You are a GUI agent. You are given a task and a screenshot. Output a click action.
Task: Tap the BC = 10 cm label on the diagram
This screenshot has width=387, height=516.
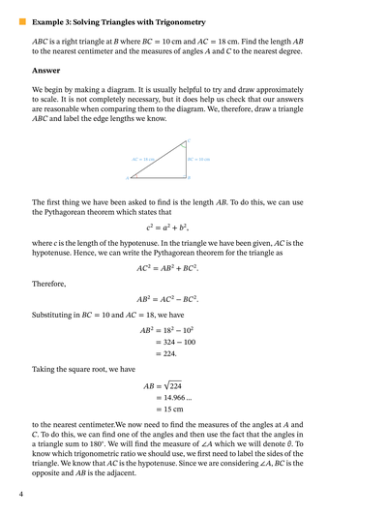[x=199, y=158]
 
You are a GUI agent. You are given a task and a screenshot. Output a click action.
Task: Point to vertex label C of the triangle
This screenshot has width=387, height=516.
[x=189, y=141]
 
